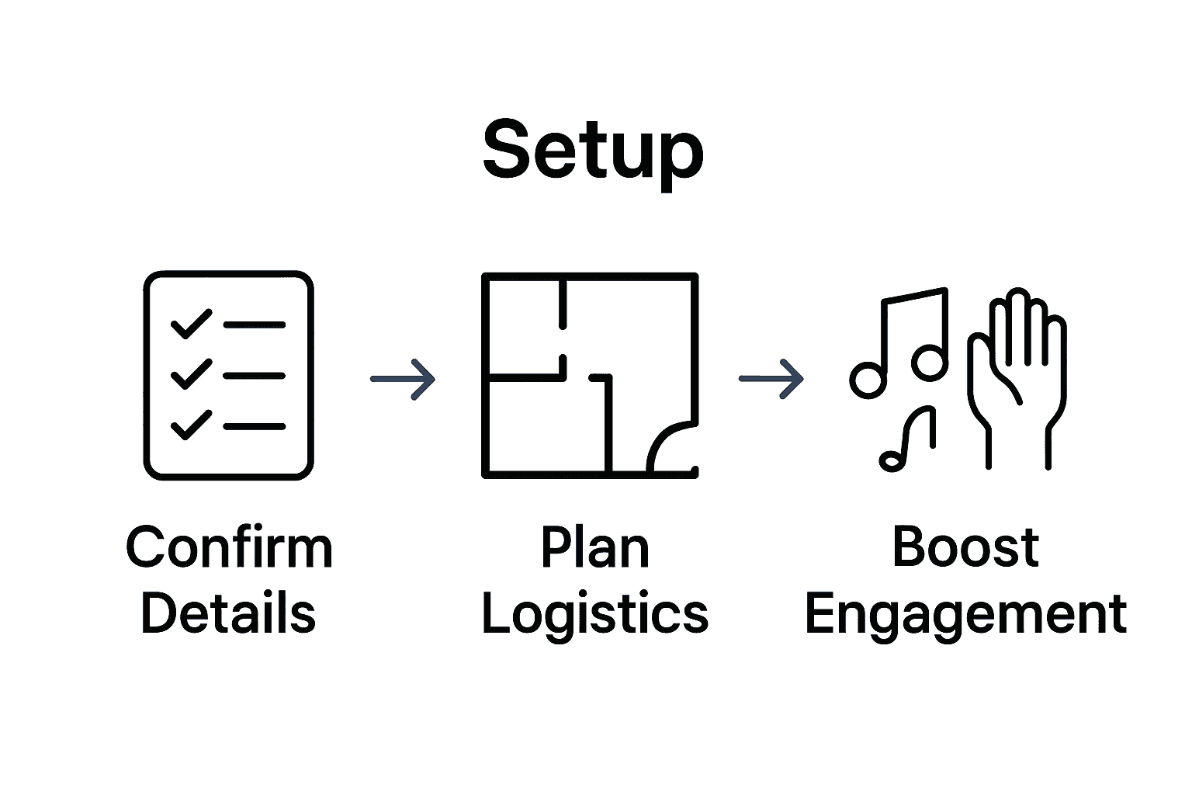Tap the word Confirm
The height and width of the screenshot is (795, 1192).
(x=229, y=547)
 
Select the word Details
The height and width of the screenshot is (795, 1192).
(x=228, y=613)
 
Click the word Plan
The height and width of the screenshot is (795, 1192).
(x=594, y=547)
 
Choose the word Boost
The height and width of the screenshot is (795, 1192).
(x=965, y=547)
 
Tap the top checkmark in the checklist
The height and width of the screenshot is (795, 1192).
(x=190, y=324)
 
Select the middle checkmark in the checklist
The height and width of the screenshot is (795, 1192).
(x=190, y=374)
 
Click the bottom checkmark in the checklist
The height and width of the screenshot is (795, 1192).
(x=190, y=425)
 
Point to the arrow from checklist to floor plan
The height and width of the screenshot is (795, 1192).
(x=403, y=379)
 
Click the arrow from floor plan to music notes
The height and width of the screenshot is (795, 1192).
(x=771, y=379)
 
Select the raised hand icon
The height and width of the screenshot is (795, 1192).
(x=1017, y=373)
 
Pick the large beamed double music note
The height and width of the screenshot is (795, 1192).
(x=904, y=342)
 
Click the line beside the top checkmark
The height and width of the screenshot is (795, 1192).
(x=255, y=325)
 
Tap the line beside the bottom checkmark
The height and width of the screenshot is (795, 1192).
(x=255, y=426)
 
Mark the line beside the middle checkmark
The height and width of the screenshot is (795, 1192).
(x=255, y=376)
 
